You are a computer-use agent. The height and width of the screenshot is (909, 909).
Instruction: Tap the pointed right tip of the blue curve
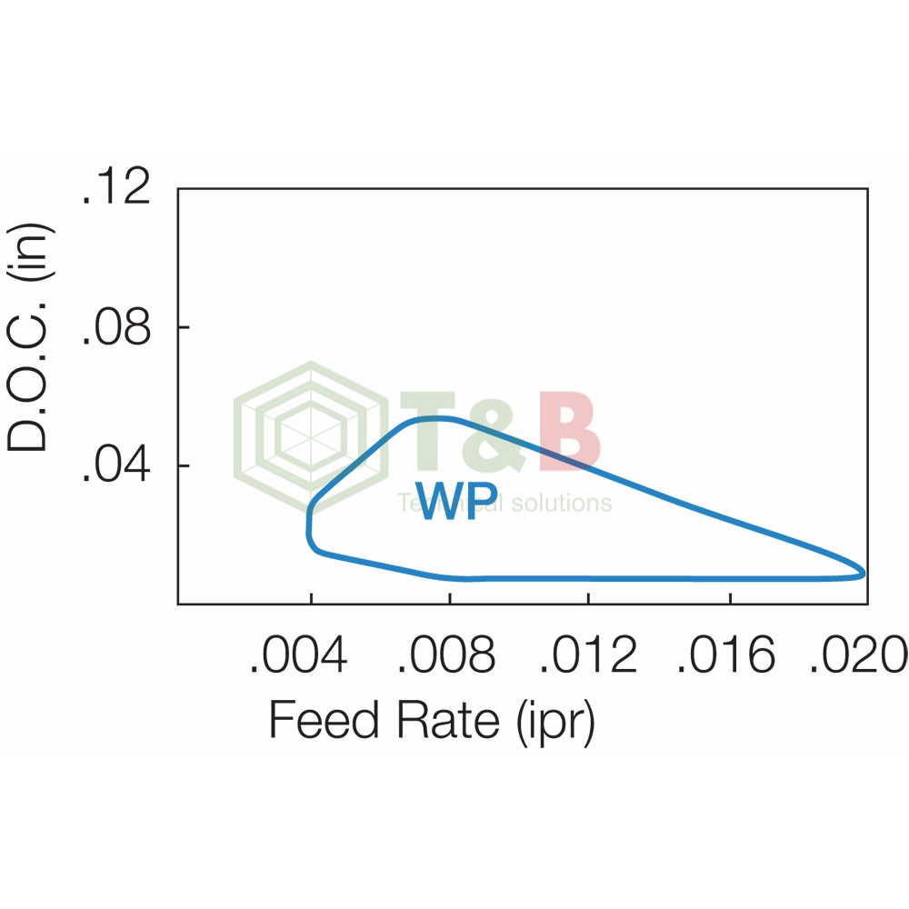(x=863, y=573)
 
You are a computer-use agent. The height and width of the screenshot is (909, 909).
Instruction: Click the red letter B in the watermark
(x=569, y=433)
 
